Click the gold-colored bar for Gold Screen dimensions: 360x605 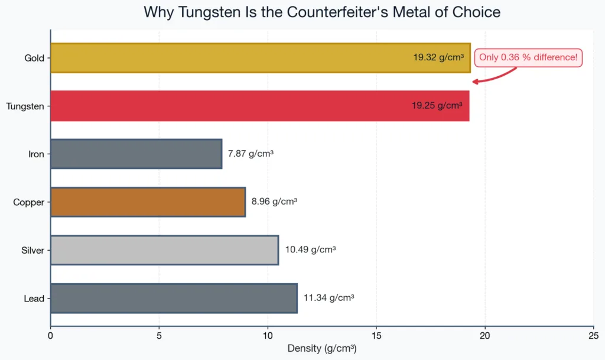click(x=236, y=58)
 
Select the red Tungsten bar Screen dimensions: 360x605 click(x=236, y=106)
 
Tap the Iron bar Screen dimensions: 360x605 click(x=136, y=154)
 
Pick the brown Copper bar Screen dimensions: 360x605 click(x=148, y=202)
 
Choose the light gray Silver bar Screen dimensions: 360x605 click(x=164, y=250)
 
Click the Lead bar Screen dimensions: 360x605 click(x=174, y=299)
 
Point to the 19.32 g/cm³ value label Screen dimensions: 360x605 click(x=438, y=58)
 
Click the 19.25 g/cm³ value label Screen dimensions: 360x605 click(x=437, y=106)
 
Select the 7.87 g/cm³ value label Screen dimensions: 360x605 click(x=251, y=154)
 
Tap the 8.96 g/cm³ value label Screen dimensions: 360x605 click(x=274, y=202)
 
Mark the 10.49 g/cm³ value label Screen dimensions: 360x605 click(x=310, y=250)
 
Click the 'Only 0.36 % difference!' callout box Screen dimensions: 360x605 click(x=528, y=57)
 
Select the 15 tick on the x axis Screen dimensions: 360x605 click(x=376, y=335)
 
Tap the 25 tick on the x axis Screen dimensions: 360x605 click(x=593, y=335)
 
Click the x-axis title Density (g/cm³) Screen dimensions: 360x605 click(x=322, y=348)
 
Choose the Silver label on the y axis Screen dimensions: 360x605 click(x=32, y=251)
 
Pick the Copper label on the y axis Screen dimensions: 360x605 click(x=29, y=202)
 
